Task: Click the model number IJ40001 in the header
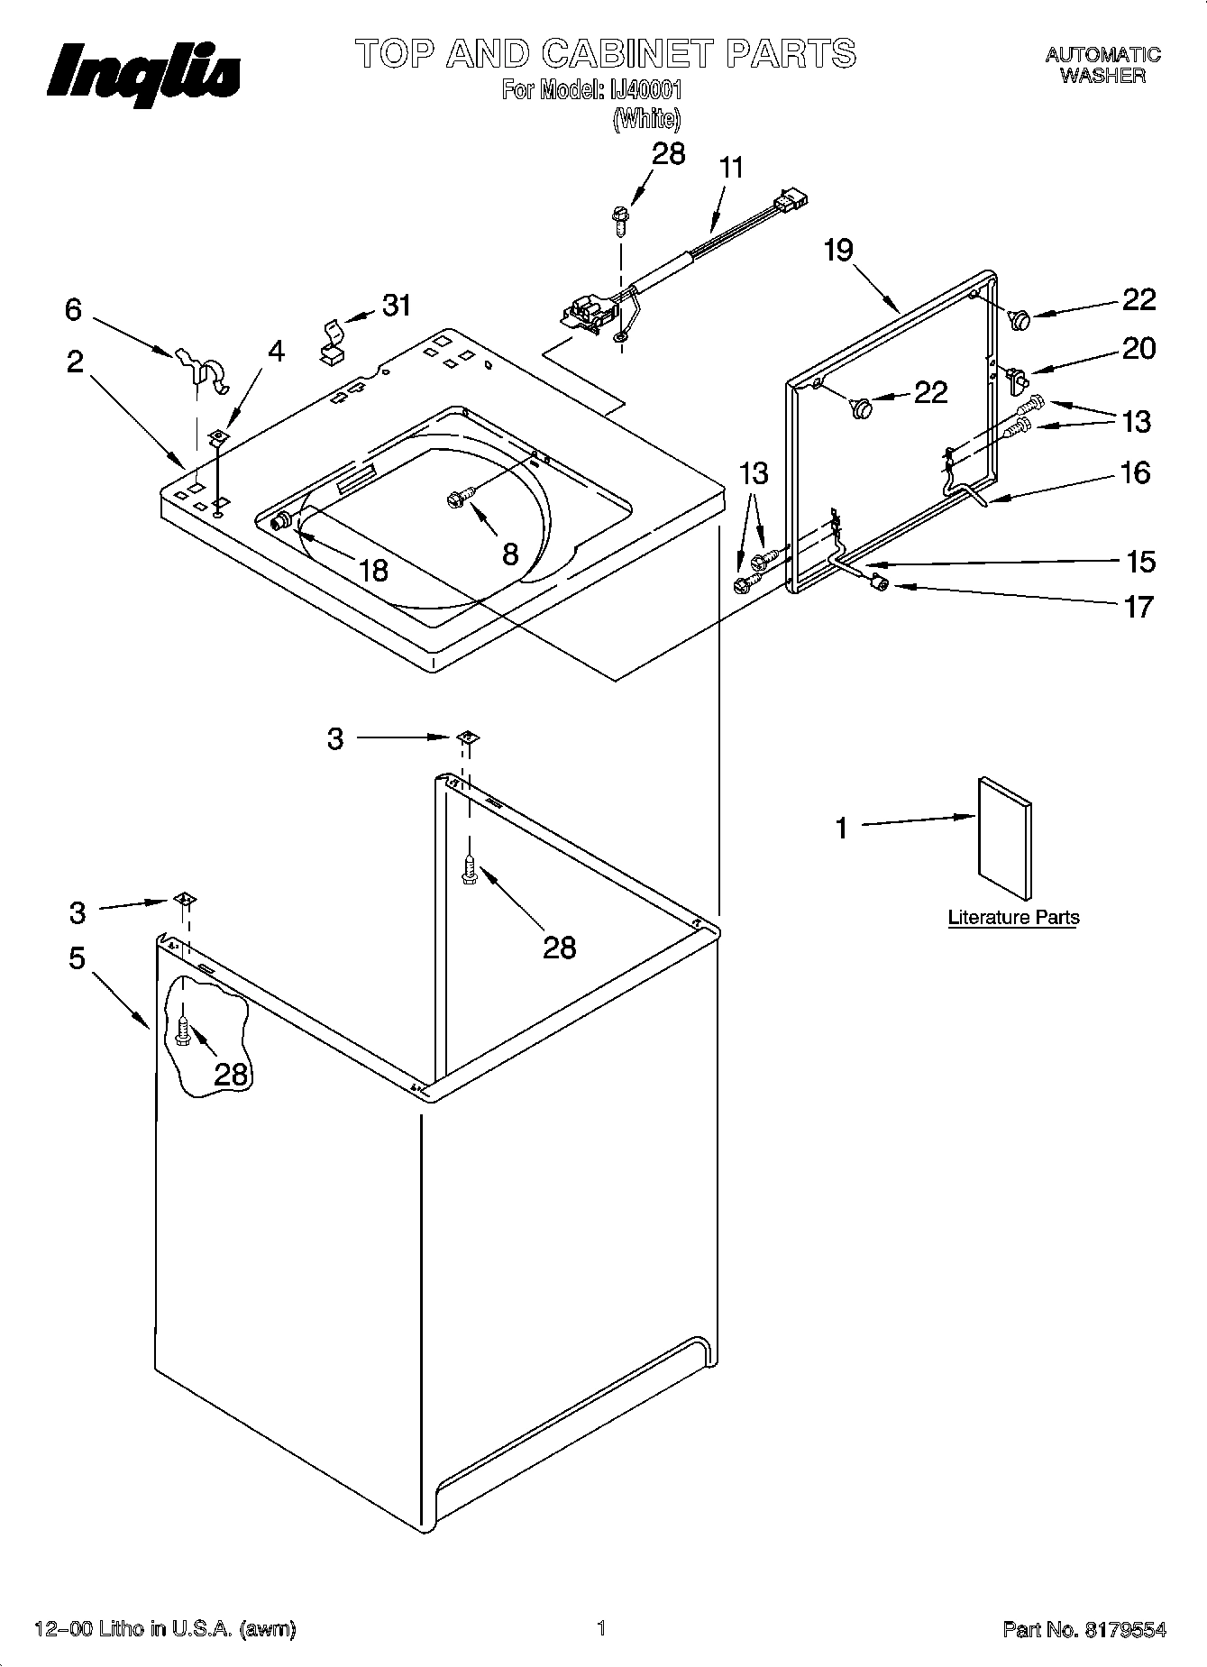(642, 90)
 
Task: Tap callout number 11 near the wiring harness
(732, 169)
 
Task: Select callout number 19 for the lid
(838, 250)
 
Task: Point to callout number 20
(1138, 349)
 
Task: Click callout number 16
(1136, 472)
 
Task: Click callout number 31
(397, 306)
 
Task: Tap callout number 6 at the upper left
(74, 310)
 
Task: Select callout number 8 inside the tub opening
(510, 554)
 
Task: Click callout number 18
(372, 570)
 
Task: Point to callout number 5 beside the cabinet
(78, 958)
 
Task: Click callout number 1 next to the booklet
(841, 828)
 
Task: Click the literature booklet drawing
(1004, 838)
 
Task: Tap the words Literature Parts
(1013, 918)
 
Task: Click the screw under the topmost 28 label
(620, 218)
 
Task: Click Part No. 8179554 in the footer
(1084, 1629)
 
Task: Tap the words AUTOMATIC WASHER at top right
(1102, 66)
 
